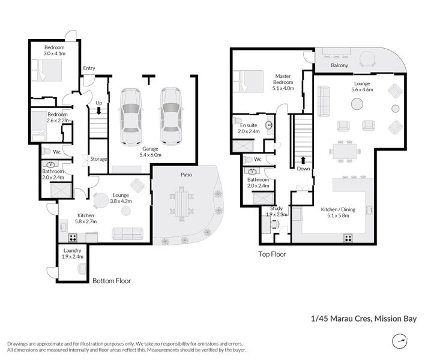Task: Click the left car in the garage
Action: [x=130, y=117]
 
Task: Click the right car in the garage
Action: [x=170, y=117]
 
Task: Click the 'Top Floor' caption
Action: [x=272, y=254]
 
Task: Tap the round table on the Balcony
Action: [x=367, y=59]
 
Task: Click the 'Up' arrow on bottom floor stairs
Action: [x=98, y=110]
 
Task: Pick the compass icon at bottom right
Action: [x=398, y=341]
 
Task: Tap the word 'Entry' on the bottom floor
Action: [x=89, y=68]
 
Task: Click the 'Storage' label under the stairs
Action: [x=98, y=159]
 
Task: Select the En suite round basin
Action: [x=268, y=125]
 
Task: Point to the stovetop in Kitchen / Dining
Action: [x=348, y=237]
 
